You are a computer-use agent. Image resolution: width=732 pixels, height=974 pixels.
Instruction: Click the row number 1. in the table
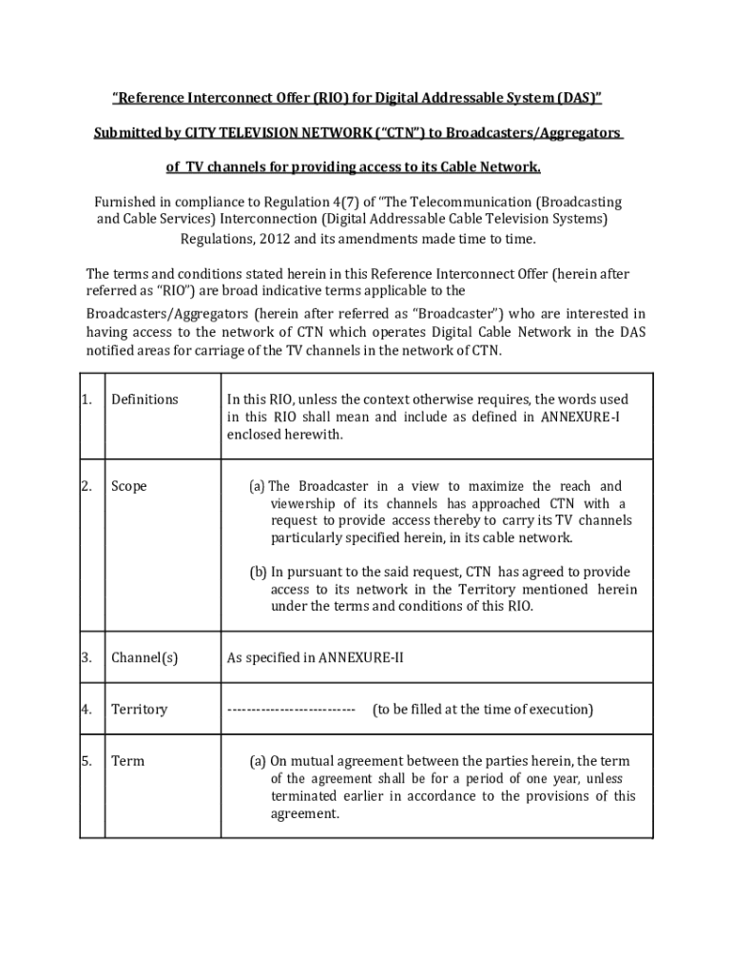[87, 399]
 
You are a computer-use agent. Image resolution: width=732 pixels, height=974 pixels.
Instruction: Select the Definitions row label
[144, 399]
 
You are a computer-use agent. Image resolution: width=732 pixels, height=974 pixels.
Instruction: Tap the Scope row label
[129, 486]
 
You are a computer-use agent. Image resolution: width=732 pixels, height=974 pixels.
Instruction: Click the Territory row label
[139, 709]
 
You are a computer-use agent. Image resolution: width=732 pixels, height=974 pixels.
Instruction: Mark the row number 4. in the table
[87, 709]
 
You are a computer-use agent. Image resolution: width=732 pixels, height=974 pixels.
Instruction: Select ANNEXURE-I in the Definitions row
[581, 417]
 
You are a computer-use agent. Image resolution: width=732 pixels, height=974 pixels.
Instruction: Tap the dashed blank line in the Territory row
[291, 710]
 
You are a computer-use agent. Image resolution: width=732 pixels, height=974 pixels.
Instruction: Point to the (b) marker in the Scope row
[259, 572]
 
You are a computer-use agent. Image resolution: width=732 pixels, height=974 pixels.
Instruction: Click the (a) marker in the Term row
[258, 761]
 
